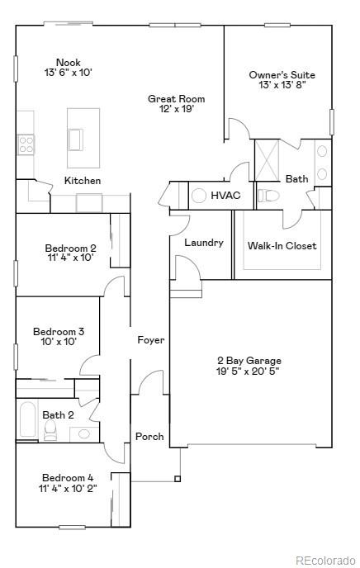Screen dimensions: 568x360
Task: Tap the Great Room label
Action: [x=176, y=104]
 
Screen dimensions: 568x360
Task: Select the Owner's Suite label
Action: [x=282, y=80]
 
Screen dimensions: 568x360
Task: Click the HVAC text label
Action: [x=225, y=196]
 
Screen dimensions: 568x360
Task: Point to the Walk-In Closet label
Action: [x=282, y=245]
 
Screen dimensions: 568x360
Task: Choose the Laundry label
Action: [x=204, y=243]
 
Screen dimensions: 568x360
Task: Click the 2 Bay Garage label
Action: [x=249, y=366]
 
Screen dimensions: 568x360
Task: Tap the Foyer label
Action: [x=150, y=340]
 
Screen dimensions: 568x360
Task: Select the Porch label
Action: [x=149, y=437]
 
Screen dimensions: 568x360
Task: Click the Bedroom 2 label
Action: [x=70, y=252]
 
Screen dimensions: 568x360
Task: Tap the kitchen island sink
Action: [x=77, y=140]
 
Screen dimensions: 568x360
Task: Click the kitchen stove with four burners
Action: [x=26, y=145]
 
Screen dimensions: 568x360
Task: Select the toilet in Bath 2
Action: [x=50, y=430]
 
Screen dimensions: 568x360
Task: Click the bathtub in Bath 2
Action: [x=26, y=419]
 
